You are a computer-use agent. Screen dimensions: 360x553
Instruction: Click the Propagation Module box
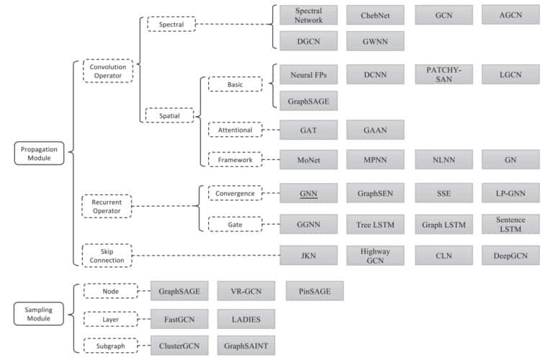coord(41,152)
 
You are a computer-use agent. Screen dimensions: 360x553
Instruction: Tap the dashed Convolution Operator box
coord(107,71)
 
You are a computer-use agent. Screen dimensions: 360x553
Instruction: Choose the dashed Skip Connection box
coord(107,254)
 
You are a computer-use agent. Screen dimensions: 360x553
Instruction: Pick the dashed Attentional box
coord(234,130)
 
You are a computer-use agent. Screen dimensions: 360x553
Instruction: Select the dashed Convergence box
coord(234,194)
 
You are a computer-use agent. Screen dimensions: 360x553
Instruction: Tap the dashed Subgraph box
coord(109,344)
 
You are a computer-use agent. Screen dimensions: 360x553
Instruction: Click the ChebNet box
coord(375,15)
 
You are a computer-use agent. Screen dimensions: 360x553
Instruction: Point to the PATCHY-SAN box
coord(444,74)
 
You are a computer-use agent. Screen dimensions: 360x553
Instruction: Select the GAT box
coord(309,130)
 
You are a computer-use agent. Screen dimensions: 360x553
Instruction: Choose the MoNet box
coord(309,159)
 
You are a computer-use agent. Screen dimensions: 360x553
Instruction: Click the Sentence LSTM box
coord(511,224)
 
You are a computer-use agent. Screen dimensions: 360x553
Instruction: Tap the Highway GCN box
coord(375,255)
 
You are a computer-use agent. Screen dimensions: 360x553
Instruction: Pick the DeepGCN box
coord(511,255)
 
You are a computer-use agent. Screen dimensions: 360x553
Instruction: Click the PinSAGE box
coord(315,291)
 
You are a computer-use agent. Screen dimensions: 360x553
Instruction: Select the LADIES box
coord(246,318)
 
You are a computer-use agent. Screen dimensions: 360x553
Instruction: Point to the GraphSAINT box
coord(246,344)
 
